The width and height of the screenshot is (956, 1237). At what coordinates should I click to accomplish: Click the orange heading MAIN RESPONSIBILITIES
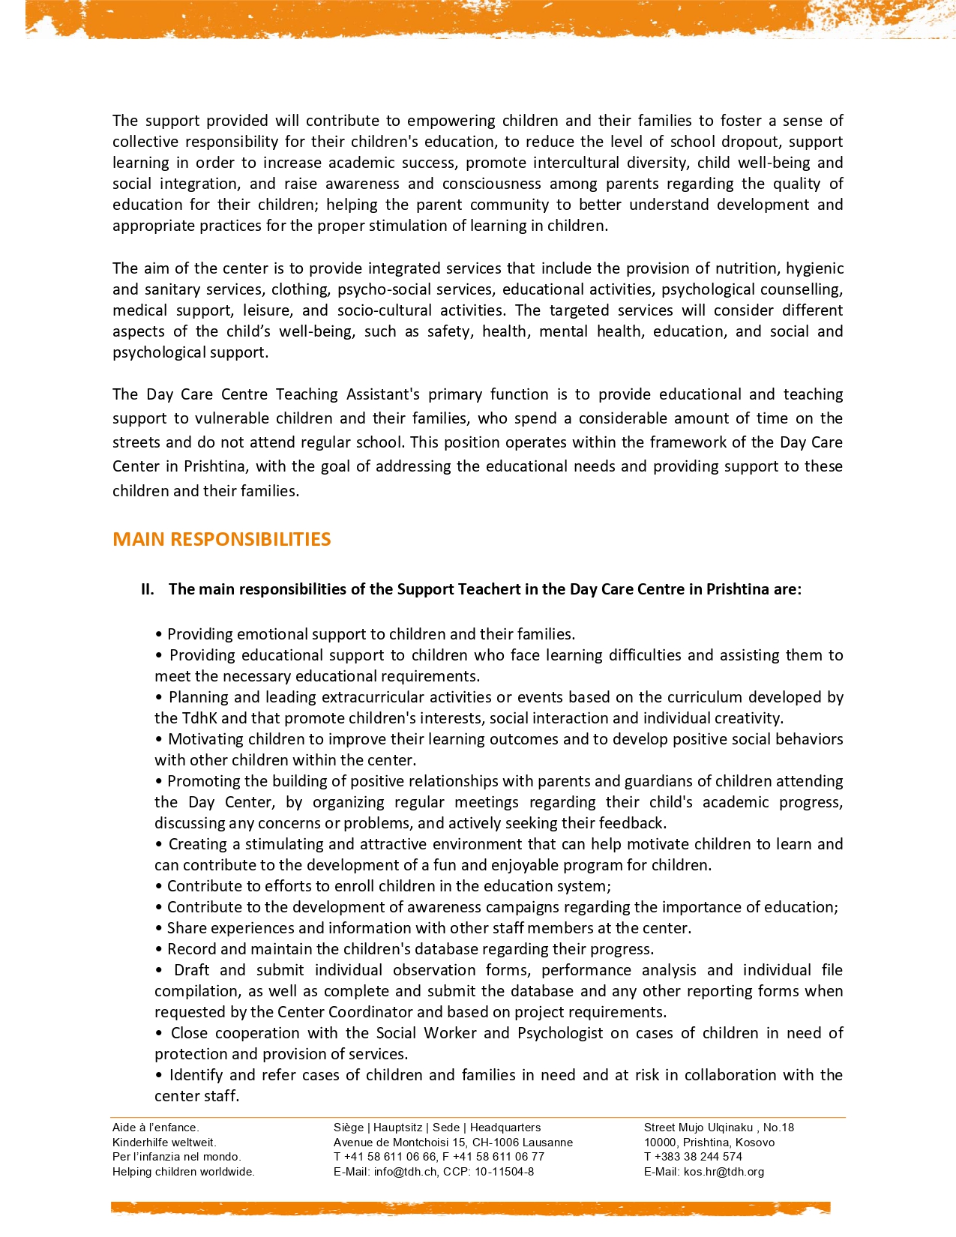pos(221,540)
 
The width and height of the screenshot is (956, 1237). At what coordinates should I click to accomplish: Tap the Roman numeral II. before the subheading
pos(148,589)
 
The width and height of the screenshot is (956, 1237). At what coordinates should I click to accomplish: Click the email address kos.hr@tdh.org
pos(724,1172)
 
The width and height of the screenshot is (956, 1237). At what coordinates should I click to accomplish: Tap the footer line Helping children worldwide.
pos(183,1172)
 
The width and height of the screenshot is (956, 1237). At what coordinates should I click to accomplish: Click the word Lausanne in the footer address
pos(547,1143)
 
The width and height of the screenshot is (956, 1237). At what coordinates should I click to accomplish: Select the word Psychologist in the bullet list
pos(560,1033)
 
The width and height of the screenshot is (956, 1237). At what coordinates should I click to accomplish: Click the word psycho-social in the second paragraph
pos(383,289)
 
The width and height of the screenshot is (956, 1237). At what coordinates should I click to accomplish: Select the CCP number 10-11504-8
pos(507,1172)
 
